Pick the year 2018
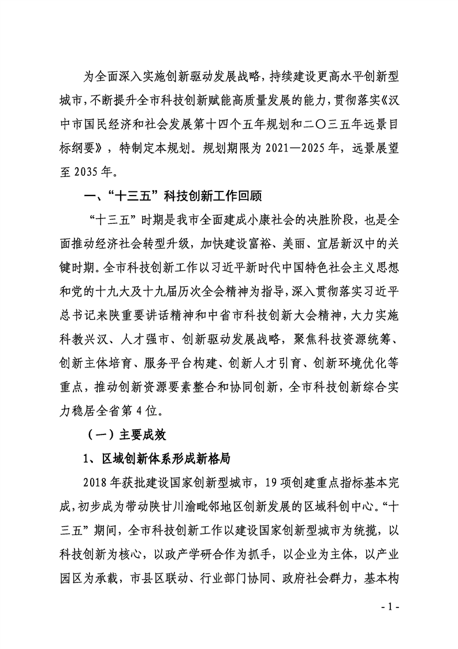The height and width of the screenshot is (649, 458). tap(98, 484)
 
